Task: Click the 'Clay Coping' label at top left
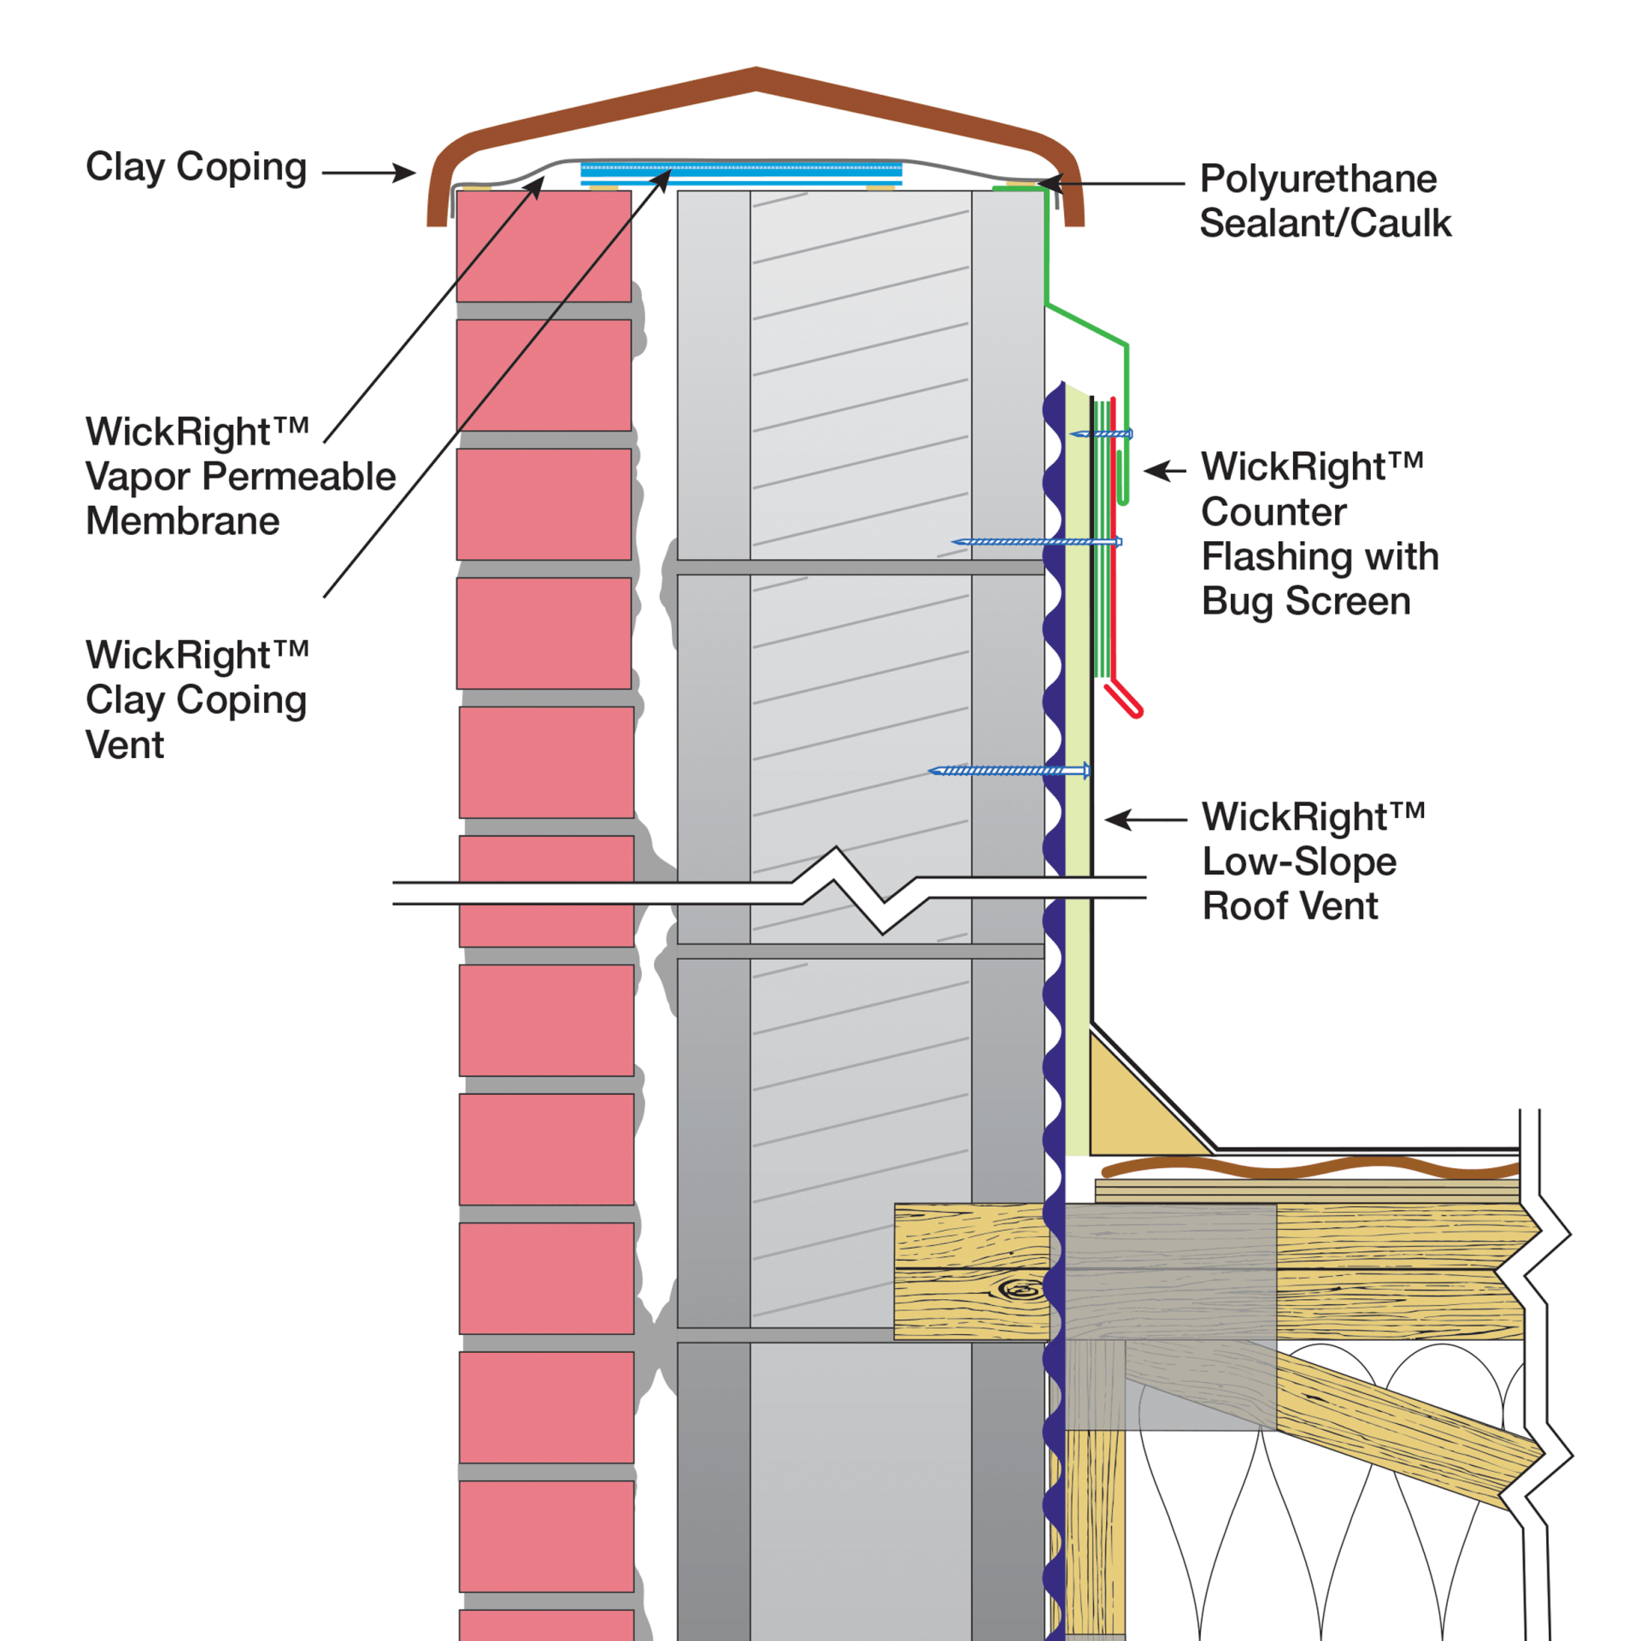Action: (196, 168)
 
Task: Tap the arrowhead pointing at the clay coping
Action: (405, 173)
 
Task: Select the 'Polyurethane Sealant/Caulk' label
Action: (1324, 202)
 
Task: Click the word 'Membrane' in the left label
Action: (183, 521)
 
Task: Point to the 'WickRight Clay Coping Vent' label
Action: (196, 699)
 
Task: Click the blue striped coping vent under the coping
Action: (741, 174)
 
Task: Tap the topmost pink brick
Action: (544, 246)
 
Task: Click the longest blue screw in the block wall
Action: (1036, 542)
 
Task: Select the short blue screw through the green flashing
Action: (1103, 434)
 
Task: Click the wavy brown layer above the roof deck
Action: (1308, 1168)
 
